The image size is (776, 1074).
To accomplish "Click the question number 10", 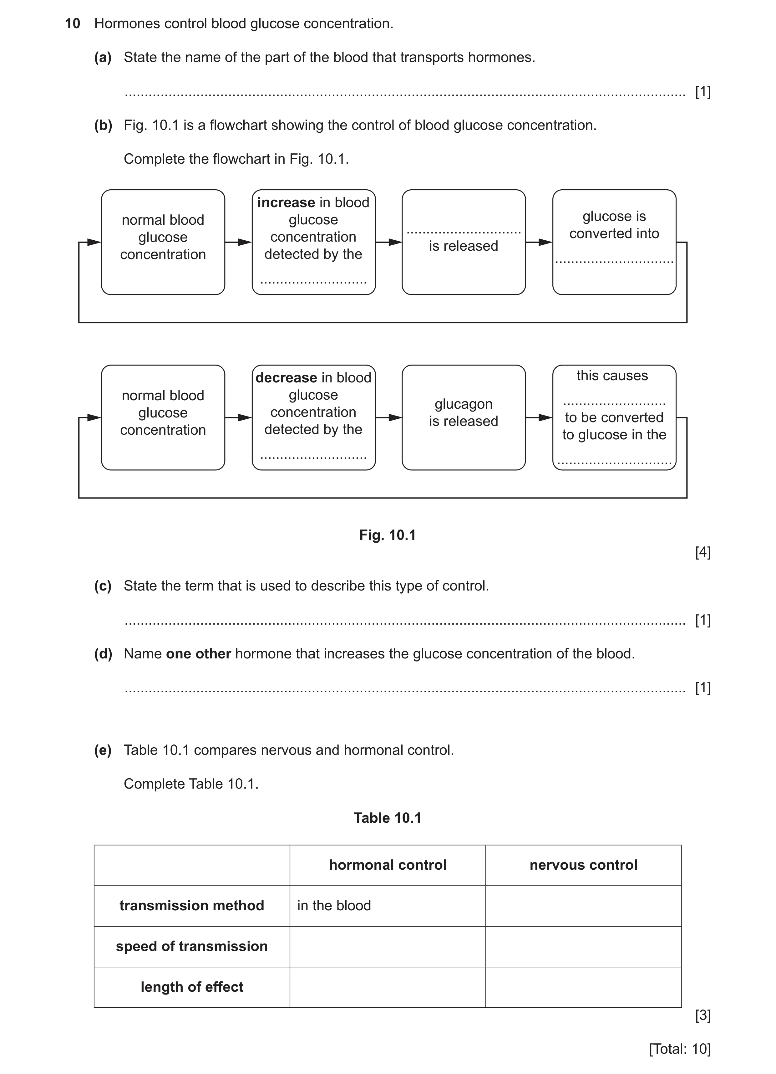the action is (x=72, y=24).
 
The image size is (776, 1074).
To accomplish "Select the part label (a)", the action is (x=103, y=57).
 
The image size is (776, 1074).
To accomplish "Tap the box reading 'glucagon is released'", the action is (x=464, y=417).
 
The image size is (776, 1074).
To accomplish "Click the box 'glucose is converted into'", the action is (x=614, y=242).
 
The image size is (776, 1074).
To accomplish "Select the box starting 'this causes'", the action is (x=614, y=417).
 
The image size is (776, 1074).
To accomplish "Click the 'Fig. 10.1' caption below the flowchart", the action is (x=388, y=535).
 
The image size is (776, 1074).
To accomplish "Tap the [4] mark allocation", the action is (x=703, y=552).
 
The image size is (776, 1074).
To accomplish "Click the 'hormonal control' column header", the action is (x=388, y=865).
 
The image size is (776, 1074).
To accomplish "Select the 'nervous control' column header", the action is (x=583, y=865).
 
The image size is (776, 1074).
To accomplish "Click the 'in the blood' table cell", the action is (x=334, y=905).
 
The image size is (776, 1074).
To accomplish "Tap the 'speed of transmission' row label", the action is (x=192, y=946).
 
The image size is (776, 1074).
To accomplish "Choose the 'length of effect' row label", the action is (x=192, y=987).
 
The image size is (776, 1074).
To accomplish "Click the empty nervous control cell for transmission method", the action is (x=583, y=906).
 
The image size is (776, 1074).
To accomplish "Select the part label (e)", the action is (x=103, y=750).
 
